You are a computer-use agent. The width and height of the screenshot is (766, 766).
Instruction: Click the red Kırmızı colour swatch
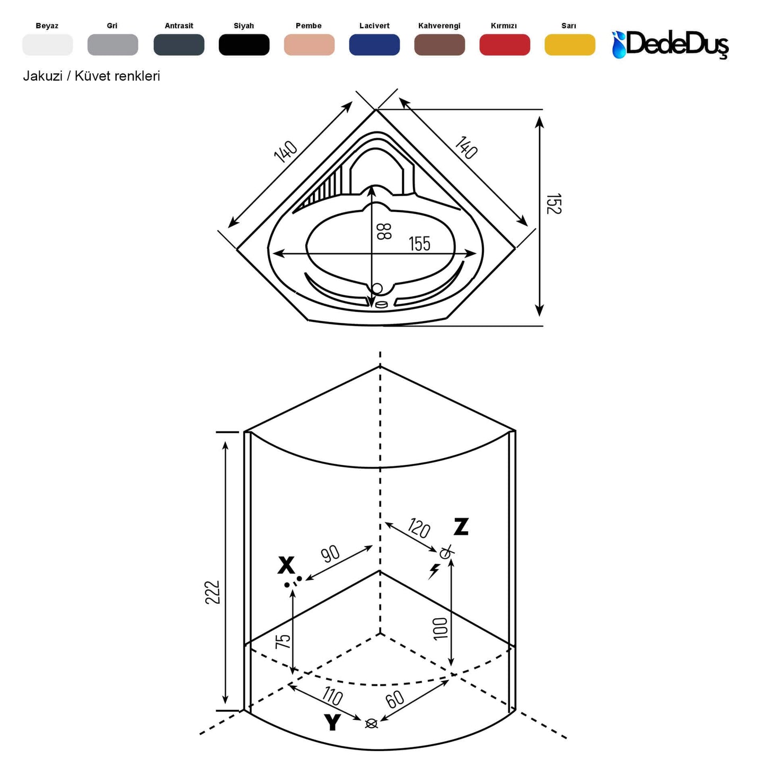pos(504,45)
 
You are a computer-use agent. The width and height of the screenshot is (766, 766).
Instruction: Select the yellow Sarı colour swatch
pos(570,45)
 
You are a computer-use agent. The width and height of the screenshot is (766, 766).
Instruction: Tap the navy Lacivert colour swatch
pos(374,45)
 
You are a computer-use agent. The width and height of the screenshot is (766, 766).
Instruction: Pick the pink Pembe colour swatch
pos(309,45)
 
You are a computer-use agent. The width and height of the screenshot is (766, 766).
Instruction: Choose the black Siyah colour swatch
pos(244,45)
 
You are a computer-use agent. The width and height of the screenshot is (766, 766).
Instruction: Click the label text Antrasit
pos(179,25)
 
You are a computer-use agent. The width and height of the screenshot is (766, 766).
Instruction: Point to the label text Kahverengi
pos(439,25)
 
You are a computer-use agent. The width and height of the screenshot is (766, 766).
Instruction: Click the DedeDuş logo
pos(671,44)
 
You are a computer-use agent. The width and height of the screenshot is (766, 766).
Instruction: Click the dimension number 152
pos(553,204)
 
